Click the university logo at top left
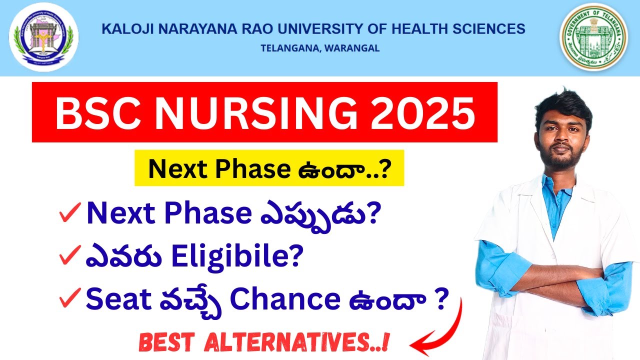point(43,37)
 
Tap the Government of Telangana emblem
point(593,38)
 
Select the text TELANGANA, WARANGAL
point(320,48)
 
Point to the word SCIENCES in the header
point(492,29)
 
